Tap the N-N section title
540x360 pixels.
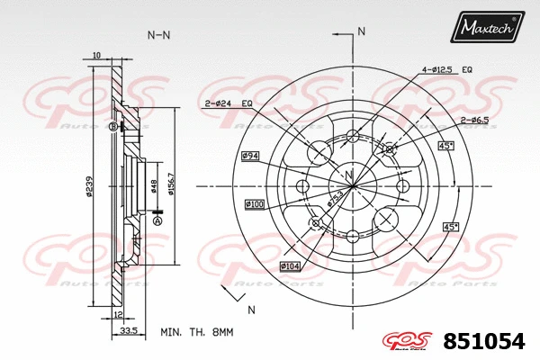[x=159, y=35]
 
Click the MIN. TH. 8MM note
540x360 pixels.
[x=196, y=332]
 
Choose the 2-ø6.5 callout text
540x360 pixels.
[x=474, y=120]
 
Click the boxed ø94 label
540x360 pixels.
[x=250, y=157]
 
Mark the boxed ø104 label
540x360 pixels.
[x=290, y=266]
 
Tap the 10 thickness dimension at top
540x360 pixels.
[x=96, y=55]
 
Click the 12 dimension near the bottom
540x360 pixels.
[x=118, y=313]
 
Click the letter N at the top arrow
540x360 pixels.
[x=362, y=31]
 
